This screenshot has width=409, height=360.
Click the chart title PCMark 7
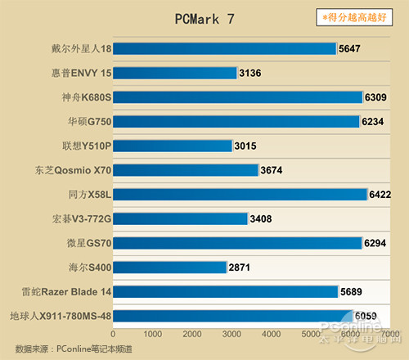click(x=204, y=19)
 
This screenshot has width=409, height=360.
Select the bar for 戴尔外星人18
click(x=225, y=49)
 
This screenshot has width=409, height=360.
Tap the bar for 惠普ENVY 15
click(x=175, y=74)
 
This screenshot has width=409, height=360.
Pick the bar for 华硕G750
click(x=236, y=122)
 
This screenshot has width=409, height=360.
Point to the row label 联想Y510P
click(x=86, y=146)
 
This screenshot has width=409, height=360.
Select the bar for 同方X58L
click(x=240, y=195)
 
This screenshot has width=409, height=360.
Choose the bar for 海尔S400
click(x=169, y=268)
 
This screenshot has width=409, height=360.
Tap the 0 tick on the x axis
click(x=113, y=335)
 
